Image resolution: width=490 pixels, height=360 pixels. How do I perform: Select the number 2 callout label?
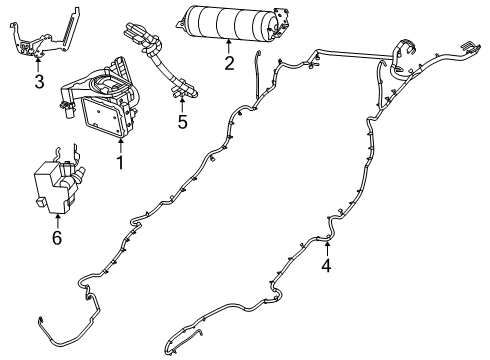pyautogui.click(x=229, y=65)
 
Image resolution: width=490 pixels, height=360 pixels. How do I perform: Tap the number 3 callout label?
pyautogui.click(x=38, y=82)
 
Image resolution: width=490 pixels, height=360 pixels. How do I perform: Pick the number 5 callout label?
pyautogui.click(x=181, y=124)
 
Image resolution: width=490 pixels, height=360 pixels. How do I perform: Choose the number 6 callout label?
pyautogui.click(x=56, y=237)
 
